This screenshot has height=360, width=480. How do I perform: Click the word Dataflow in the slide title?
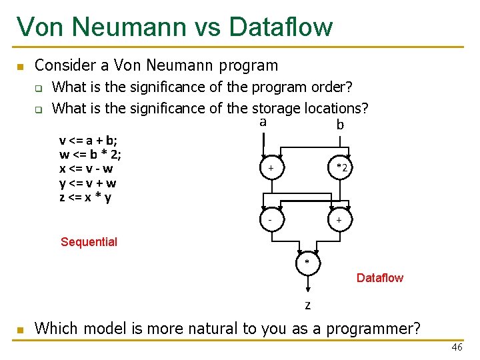point(280,27)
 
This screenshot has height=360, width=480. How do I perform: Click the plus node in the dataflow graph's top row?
point(271,169)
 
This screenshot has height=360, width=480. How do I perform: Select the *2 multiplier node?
point(341,169)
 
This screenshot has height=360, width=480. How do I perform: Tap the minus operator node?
point(271,219)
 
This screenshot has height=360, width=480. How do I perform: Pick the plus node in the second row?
point(339,219)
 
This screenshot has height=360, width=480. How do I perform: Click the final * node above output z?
point(307,262)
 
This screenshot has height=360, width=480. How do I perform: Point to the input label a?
point(263,122)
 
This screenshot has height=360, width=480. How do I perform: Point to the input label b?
point(340,125)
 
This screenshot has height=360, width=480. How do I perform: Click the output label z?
point(307,305)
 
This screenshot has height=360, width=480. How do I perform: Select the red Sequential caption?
point(89,242)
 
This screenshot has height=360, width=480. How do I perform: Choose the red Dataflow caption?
point(379,278)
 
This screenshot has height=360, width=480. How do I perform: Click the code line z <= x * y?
point(85,198)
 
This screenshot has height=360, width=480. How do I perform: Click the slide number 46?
point(457,347)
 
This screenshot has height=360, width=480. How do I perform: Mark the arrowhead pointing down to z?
point(307,289)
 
